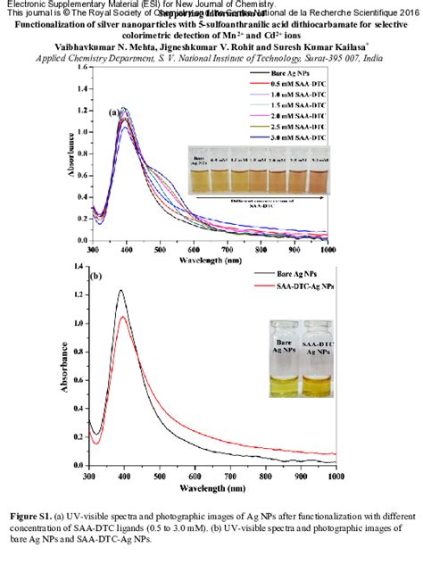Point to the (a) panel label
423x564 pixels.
(114, 113)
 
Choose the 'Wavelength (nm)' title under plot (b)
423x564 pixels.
(211, 489)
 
